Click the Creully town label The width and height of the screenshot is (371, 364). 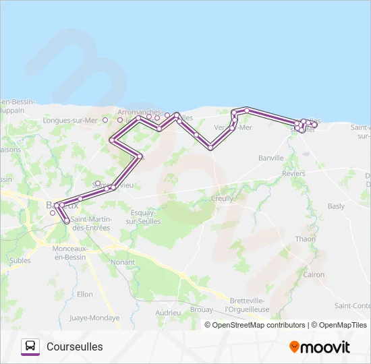point(222,199)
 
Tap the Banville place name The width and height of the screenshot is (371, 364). point(271,158)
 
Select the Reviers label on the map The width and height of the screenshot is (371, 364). point(293,174)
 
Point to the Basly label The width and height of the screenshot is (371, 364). point(335,206)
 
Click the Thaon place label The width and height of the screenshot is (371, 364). point(306,239)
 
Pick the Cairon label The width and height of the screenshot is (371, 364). point(314,275)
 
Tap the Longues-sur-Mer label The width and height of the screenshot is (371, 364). point(70,121)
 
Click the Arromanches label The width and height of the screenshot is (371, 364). point(139,112)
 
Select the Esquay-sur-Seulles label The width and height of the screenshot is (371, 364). point(143,217)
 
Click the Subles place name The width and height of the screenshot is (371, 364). point(20,260)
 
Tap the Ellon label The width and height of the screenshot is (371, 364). point(85,295)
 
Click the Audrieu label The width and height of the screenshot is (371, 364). point(168,313)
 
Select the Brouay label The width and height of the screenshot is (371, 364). point(203,310)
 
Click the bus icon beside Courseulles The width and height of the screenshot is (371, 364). point(30,346)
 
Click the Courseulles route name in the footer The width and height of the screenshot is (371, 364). point(75,346)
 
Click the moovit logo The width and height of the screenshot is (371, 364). point(320,347)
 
